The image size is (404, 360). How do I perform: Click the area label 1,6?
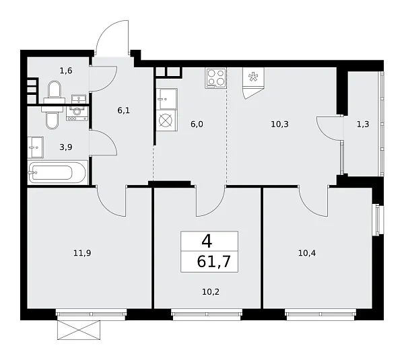point(65,69)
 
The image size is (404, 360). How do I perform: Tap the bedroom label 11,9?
point(83,253)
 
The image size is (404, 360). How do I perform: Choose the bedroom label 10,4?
point(307,253)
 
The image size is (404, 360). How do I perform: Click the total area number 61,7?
point(209,262)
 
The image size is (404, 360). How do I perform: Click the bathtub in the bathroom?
point(58,172)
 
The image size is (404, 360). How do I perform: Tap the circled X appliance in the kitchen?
point(166,122)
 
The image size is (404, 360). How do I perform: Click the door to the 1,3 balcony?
point(330,128)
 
